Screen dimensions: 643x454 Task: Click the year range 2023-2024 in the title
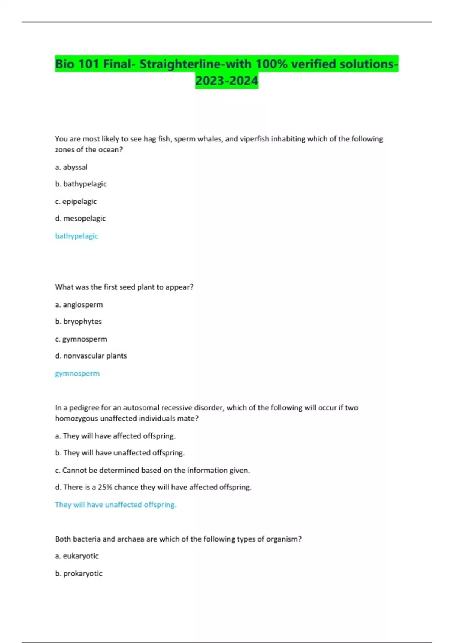pos(227,81)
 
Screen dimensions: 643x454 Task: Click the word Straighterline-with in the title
pos(196,64)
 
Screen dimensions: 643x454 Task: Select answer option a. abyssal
pos(71,167)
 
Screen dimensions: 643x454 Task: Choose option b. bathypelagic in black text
pos(81,184)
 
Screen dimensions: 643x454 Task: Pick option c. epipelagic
pos(76,202)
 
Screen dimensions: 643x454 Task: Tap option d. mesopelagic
pos(80,219)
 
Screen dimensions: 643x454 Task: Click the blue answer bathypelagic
pos(76,236)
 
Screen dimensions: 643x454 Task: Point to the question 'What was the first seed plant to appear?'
pos(124,287)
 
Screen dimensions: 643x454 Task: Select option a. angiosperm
pos(79,304)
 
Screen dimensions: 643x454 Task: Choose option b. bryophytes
pos(78,321)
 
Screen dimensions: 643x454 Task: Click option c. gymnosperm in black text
pos(81,339)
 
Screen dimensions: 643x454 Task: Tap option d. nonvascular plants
pos(91,356)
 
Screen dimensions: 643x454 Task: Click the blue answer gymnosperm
pos(77,373)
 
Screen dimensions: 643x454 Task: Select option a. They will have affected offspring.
pos(115,436)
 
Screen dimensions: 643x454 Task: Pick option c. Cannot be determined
pos(152,471)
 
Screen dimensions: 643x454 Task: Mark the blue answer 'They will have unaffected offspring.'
pos(116,505)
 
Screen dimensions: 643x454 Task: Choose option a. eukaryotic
pos(77,556)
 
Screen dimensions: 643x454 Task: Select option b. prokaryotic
pos(79,573)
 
